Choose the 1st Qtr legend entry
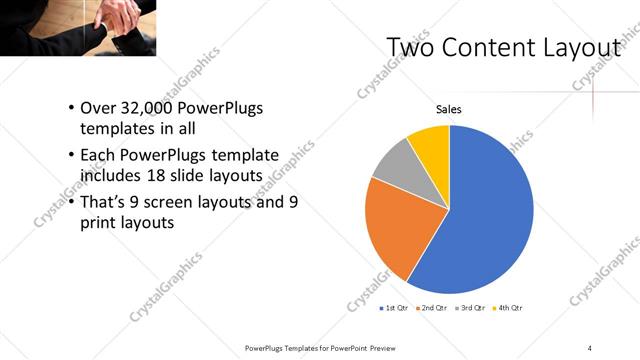(394, 309)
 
